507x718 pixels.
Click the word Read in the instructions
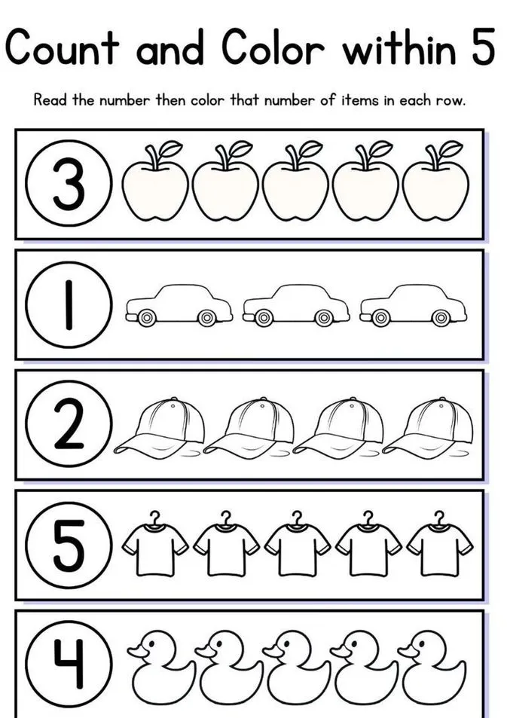51,100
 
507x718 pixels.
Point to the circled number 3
69,185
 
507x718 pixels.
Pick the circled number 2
69,426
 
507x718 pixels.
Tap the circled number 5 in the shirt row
69,546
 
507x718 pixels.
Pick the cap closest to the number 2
160,426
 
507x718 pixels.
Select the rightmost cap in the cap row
429,426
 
